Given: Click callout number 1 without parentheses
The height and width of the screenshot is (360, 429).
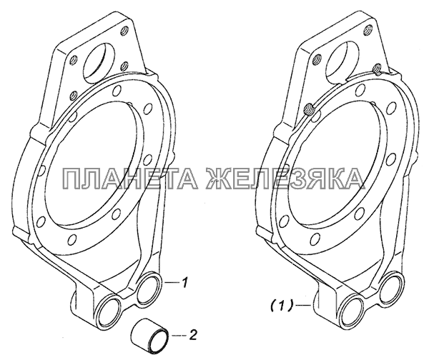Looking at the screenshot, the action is pyautogui.click(x=185, y=283).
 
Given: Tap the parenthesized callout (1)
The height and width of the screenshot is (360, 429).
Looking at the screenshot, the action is pyautogui.click(x=282, y=304).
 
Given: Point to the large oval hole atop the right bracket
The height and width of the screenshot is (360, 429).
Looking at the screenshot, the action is pyautogui.click(x=342, y=63).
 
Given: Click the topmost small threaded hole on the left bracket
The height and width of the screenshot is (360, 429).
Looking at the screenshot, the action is pyautogui.click(x=124, y=29).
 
